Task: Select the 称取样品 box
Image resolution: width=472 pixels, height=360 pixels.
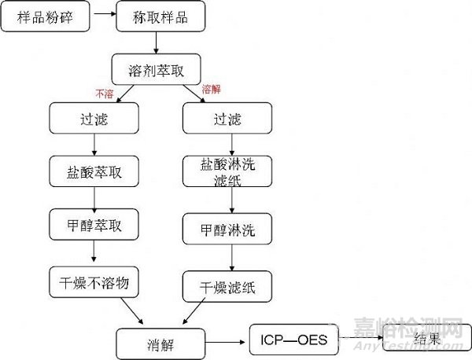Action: (163, 17)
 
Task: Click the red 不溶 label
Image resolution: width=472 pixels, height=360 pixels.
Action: (104, 94)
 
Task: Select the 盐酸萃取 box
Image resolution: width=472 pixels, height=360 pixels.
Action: (94, 170)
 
